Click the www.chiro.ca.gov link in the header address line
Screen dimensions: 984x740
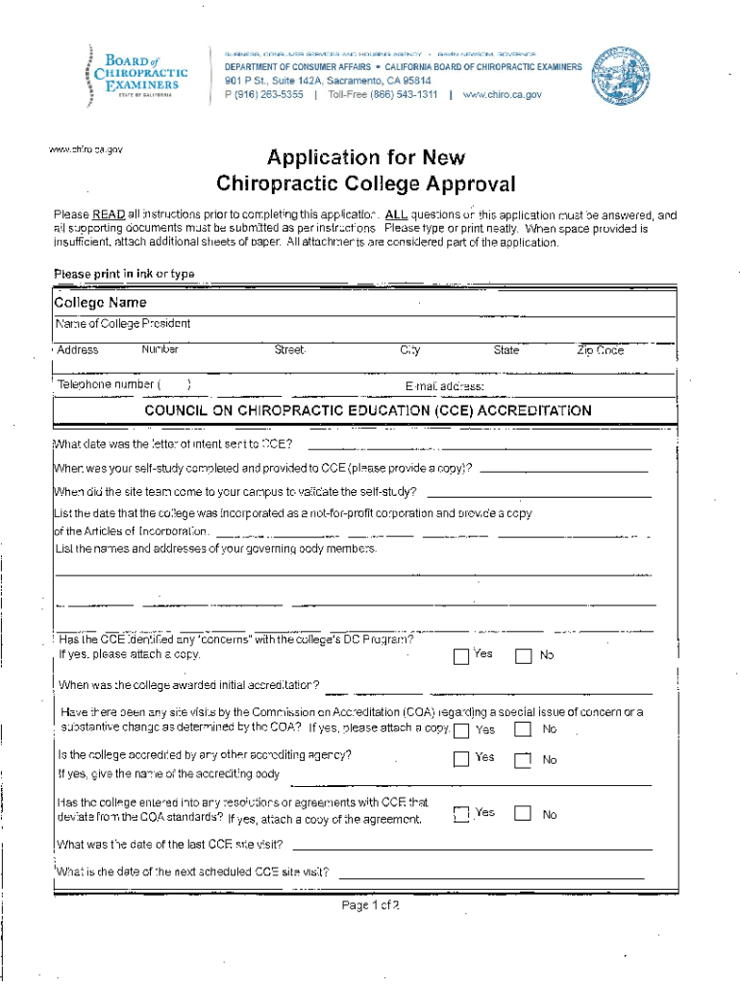point(502,95)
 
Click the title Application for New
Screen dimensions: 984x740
point(365,158)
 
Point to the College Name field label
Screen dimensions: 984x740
point(100,303)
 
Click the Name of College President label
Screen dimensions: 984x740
point(123,324)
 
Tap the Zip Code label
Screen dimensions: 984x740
point(600,351)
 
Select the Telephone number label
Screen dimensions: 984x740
point(109,384)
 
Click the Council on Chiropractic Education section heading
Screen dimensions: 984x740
point(367,411)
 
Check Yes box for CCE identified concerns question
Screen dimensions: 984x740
point(461,656)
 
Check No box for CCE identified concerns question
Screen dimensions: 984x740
point(523,657)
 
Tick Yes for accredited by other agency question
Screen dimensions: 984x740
point(461,758)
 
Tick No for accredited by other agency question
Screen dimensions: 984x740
point(523,760)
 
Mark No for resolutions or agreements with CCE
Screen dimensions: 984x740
point(523,814)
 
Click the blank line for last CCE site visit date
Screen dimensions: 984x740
point(471,848)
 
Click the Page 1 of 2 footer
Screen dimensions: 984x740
point(370,906)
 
